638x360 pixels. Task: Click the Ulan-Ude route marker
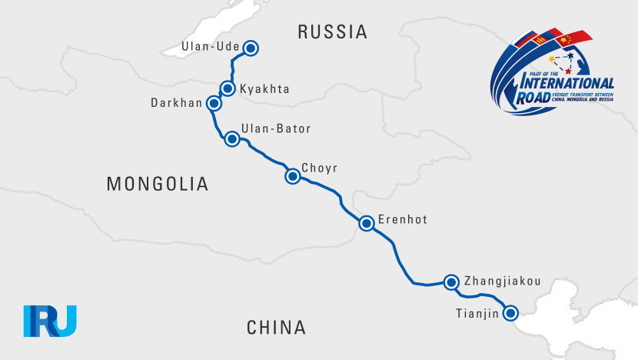pos(250,48)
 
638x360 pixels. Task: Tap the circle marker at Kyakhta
pos(228,88)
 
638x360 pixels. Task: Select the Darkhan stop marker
pos(214,103)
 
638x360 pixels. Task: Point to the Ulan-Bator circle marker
pos(231,139)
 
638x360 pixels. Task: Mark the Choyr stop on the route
pos(292,176)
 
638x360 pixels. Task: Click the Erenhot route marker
pos(367,223)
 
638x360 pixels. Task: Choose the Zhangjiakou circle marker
pos(452,282)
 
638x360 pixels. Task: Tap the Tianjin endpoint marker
pos(510,312)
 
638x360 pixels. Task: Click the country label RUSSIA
pos(332,32)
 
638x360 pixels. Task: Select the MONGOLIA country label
pos(158,184)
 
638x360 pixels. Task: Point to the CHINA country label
pos(277,328)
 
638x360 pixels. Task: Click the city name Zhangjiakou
pos(503,281)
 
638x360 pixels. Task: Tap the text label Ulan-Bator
pos(276,128)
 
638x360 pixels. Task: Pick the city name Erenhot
pos(402,220)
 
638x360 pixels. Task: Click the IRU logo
pos(50,321)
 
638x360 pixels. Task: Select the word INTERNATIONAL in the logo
pos(567,83)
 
